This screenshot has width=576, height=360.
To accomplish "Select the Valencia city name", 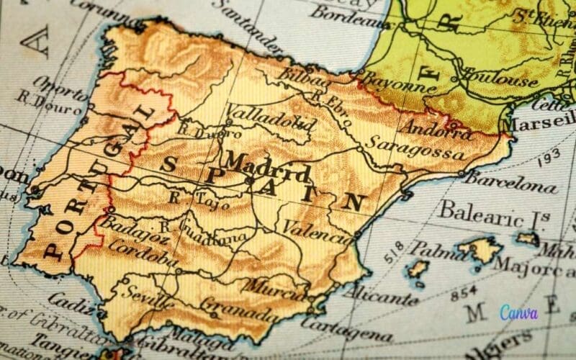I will [312, 229].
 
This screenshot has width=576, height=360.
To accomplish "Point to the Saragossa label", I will [414, 148].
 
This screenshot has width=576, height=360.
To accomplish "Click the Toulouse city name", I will [501, 78].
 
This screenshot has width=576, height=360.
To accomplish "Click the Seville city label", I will [148, 294].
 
